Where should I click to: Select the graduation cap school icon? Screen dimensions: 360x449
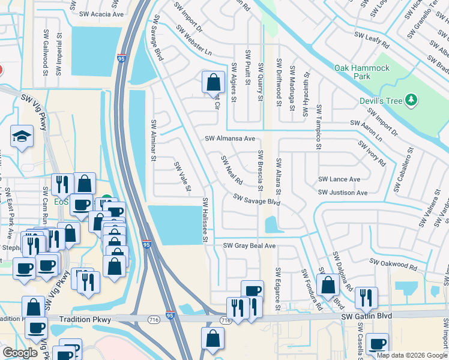pos(22,136)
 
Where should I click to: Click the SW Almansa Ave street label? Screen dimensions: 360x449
pos(230,139)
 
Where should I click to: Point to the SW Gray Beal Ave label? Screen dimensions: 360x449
pos(249,246)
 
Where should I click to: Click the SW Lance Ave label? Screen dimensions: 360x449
pos(339,179)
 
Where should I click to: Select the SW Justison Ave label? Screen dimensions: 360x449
pos(343,193)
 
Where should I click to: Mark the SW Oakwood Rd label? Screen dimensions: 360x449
pos(393,263)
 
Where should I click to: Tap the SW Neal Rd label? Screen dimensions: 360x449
pos(231,170)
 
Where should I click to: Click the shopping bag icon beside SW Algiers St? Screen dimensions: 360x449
pos(213,82)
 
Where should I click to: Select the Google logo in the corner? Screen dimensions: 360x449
pos(20,353)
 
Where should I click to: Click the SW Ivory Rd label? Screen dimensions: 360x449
pos(372,154)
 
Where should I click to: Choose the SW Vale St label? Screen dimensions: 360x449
pos(182,177)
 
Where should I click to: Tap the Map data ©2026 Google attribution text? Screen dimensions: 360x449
pos(411,355)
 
